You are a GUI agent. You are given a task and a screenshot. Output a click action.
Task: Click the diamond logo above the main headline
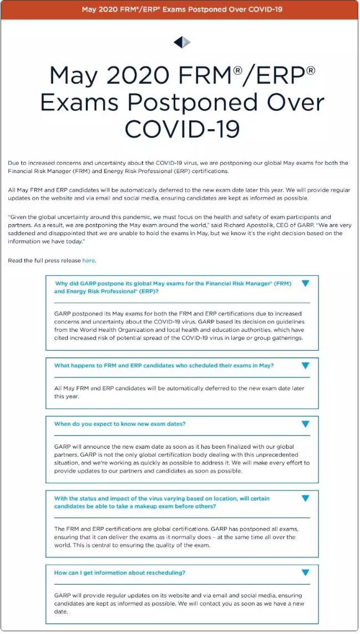182,42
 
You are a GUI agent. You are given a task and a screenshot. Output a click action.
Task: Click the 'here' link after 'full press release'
89,260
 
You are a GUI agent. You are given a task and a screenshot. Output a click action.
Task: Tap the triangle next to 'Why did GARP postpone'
305,283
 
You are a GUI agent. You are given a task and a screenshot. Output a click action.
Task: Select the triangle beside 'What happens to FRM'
305,366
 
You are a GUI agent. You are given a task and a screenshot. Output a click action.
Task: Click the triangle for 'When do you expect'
305,424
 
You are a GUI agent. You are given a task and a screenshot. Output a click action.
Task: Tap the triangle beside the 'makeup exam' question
305,498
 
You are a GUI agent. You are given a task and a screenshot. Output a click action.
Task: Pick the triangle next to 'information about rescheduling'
305,572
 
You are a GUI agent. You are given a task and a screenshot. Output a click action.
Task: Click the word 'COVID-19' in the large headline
182,129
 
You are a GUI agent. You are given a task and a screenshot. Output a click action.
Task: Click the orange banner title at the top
182,9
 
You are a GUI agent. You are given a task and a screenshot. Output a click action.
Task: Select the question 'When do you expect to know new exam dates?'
120,424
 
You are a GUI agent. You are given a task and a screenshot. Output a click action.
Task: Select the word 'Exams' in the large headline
80,103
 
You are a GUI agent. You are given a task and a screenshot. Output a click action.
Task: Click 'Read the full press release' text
44,260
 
